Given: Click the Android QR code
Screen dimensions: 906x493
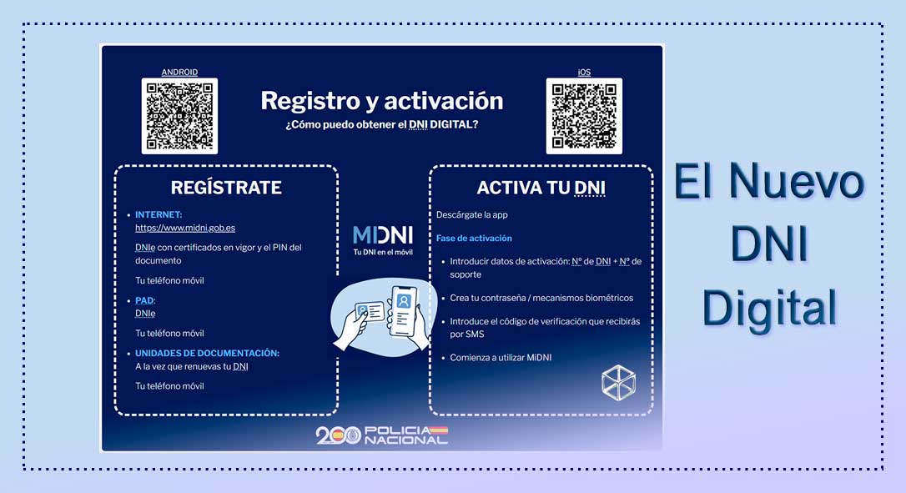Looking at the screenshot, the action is [179, 116].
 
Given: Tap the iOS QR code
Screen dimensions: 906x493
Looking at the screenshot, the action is [584, 116].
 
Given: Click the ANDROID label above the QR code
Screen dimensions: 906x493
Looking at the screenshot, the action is [179, 73].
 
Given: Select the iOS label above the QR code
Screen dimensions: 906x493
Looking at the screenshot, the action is [584, 73].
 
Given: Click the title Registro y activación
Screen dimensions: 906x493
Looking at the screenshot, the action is [382, 101].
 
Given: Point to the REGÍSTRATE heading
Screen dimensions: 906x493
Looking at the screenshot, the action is [226, 187].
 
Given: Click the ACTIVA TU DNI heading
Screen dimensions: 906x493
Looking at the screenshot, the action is [541, 187].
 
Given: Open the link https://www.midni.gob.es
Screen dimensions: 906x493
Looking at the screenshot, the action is [185, 228].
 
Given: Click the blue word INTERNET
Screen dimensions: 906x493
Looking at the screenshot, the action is [159, 214].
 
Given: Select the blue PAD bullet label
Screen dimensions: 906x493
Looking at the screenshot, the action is [144, 300].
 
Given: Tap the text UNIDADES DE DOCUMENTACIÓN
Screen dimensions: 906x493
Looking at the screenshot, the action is [207, 353].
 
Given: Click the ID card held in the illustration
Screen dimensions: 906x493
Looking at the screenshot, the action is [370, 312].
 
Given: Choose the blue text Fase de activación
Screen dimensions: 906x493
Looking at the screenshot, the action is [474, 238].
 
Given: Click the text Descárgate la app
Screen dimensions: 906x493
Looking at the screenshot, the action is [472, 215].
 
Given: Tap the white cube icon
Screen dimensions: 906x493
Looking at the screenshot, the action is [618, 383].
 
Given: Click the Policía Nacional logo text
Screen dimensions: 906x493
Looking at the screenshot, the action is [406, 435].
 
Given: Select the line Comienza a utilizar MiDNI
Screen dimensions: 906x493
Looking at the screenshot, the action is [501, 358].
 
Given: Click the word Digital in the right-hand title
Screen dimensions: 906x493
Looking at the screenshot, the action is [769, 308].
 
